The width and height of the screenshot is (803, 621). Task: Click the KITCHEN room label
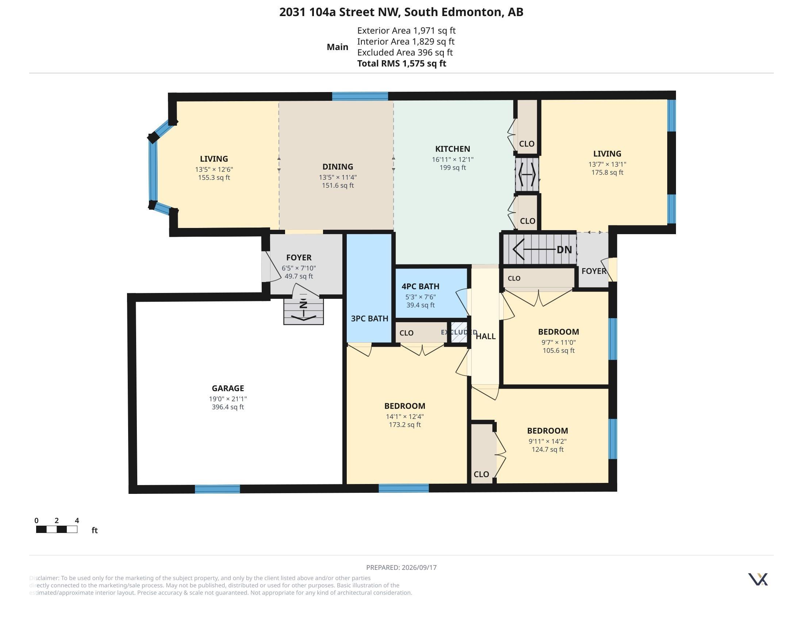453,149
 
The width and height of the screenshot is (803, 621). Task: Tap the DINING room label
338,167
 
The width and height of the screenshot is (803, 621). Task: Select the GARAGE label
228,388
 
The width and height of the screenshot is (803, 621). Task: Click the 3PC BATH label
369,319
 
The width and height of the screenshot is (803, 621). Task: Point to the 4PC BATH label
420,286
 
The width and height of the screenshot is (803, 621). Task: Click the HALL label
486,336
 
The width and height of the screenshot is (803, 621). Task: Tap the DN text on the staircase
564,250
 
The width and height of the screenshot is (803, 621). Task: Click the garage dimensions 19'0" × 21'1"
228,399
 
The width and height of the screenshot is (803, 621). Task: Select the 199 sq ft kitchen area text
453,168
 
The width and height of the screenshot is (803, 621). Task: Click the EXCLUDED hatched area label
459,332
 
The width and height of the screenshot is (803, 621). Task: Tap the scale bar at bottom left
57,529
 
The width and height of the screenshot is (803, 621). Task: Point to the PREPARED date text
401,567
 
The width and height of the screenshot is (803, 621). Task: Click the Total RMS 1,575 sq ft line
401,63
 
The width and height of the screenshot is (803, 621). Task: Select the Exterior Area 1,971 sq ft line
406,31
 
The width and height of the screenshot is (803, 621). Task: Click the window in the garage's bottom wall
217,489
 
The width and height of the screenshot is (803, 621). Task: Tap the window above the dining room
360,96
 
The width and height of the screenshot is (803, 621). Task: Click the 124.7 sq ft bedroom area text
547,450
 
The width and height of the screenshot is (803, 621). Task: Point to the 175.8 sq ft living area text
607,172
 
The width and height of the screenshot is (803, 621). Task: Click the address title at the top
401,12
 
